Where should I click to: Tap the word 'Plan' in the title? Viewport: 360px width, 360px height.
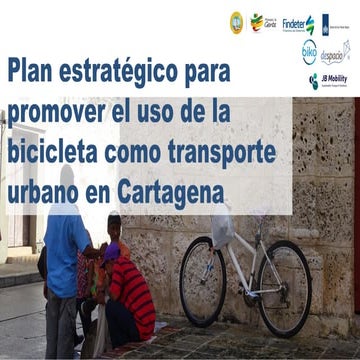pyautogui.click(x=32, y=72)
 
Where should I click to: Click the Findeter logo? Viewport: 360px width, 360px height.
pyautogui.click(x=297, y=23)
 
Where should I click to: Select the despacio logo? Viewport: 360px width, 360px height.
pyautogui.click(x=335, y=52)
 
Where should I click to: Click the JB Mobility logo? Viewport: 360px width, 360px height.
pyautogui.click(x=328, y=81)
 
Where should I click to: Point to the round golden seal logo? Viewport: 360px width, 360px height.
pyautogui.click(x=236, y=20)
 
